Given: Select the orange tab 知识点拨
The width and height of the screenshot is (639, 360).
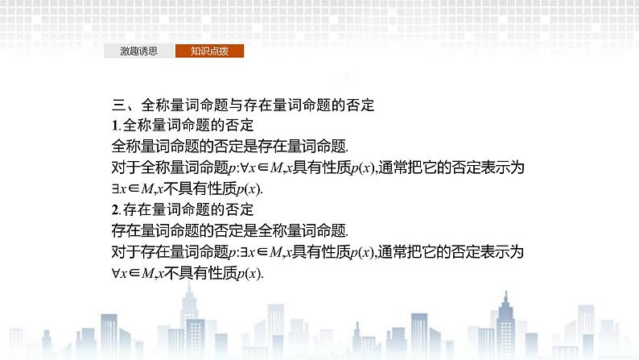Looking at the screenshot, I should [x=209, y=51].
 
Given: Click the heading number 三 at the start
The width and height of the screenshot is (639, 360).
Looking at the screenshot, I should [x=117, y=105].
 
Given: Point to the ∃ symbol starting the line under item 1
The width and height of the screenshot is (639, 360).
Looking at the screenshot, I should [x=114, y=189].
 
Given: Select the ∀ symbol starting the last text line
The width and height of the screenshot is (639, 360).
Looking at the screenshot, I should [x=115, y=274].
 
